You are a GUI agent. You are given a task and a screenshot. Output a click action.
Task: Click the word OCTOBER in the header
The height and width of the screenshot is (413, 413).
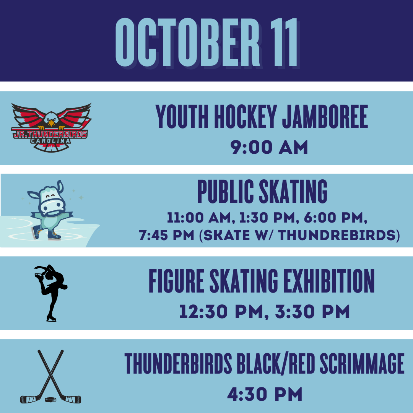pyautogui.click(x=187, y=42)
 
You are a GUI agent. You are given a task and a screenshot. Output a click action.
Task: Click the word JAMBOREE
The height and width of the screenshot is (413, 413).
pyautogui.click(x=325, y=116)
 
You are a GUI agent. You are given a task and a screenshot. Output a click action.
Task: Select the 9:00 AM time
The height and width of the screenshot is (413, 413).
pyautogui.click(x=269, y=147)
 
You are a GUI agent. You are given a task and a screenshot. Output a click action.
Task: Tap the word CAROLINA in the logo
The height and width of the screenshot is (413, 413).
pyautogui.click(x=51, y=141)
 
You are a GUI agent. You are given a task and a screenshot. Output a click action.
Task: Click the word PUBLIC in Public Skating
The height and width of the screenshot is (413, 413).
pyautogui.click(x=226, y=192)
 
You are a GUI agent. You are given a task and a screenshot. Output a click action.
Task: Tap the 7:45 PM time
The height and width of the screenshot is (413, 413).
pyautogui.click(x=166, y=235)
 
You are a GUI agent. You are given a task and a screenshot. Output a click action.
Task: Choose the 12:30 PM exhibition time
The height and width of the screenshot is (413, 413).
pyautogui.click(x=221, y=312)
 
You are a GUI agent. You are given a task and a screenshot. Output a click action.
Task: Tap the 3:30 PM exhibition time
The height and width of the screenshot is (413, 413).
pyautogui.click(x=312, y=312)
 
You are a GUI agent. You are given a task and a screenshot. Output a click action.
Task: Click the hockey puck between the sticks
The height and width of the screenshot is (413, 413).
pyautogui.click(x=50, y=400)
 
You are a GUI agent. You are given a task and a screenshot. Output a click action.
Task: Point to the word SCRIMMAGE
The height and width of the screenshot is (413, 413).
pyautogui.click(x=362, y=364)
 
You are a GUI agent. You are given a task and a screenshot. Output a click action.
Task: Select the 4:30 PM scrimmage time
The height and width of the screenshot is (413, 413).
pyautogui.click(x=265, y=394)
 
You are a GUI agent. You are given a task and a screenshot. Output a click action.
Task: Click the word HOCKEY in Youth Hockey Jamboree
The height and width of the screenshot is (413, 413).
pyautogui.click(x=245, y=116)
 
